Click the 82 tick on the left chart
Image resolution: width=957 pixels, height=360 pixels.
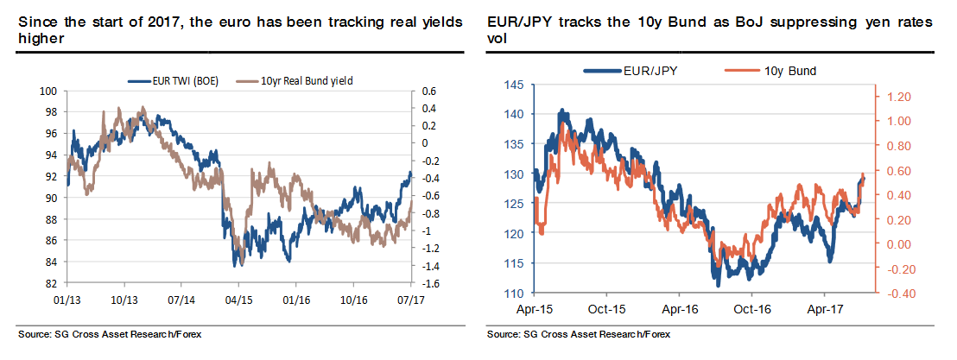51,283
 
